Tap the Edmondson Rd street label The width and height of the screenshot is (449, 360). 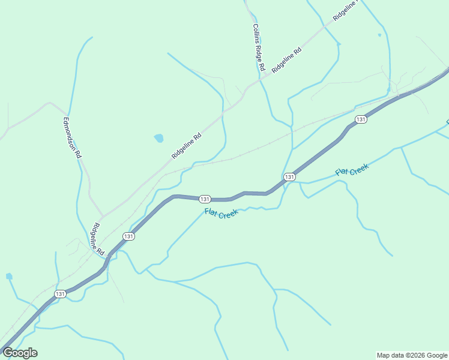click(72, 137)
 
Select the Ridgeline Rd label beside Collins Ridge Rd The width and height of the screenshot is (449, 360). click(286, 60)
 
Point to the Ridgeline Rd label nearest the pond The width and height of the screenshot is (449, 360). click(186, 146)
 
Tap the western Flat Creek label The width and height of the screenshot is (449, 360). click(221, 212)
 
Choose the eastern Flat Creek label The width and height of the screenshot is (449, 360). click(352, 170)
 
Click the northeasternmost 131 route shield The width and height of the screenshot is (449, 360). click(360, 119)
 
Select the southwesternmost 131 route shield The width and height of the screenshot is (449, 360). click(60, 293)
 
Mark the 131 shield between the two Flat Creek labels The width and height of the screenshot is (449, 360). click(289, 176)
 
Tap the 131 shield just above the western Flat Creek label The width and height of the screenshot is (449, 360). click(205, 199)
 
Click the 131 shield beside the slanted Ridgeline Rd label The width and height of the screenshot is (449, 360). click(128, 236)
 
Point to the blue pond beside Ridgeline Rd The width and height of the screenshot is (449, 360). click(158, 138)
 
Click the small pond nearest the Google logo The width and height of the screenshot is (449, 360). click(9, 277)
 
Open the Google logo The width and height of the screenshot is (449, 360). click(20, 353)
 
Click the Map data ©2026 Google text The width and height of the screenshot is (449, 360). click(412, 355)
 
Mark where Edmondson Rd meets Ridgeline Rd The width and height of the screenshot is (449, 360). click(102, 216)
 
